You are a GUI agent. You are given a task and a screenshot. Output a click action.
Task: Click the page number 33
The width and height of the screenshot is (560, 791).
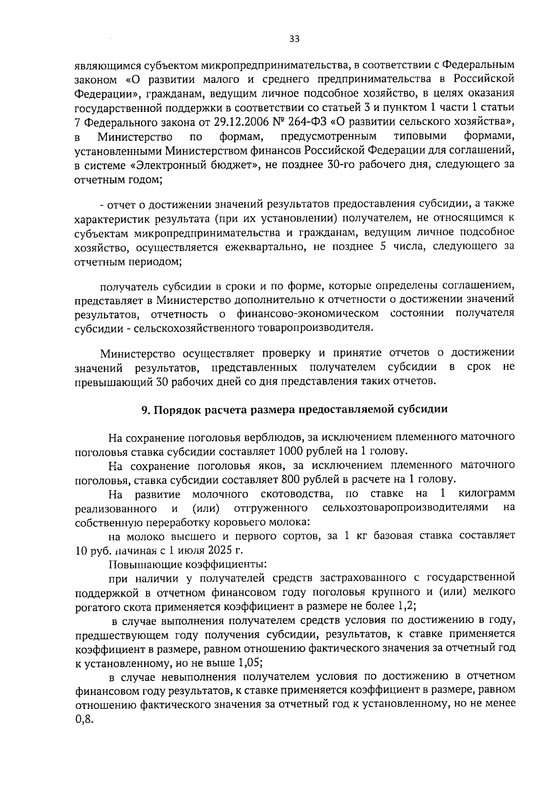click(294, 40)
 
